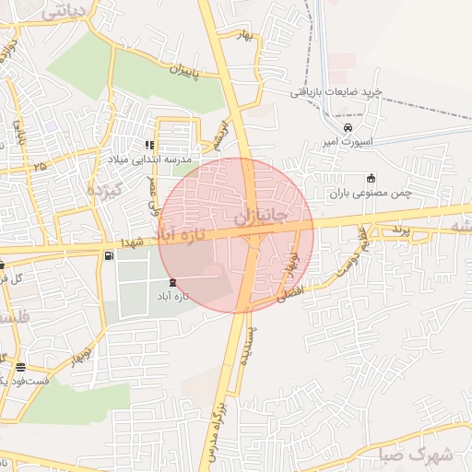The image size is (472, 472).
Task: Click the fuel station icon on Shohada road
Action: coord(112,255)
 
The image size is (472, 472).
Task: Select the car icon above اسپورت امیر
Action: coord(348,128)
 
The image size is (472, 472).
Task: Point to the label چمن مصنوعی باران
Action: coord(370,195)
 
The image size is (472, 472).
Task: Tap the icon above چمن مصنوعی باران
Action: coord(371,178)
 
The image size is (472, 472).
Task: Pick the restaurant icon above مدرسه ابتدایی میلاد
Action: coord(149,145)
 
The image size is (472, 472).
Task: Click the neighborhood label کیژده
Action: coord(103,189)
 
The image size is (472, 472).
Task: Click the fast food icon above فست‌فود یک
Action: coord(21,366)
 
